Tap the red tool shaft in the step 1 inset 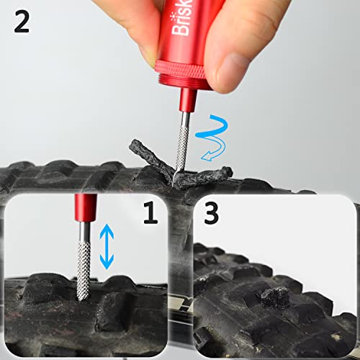[x=84, y=208]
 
